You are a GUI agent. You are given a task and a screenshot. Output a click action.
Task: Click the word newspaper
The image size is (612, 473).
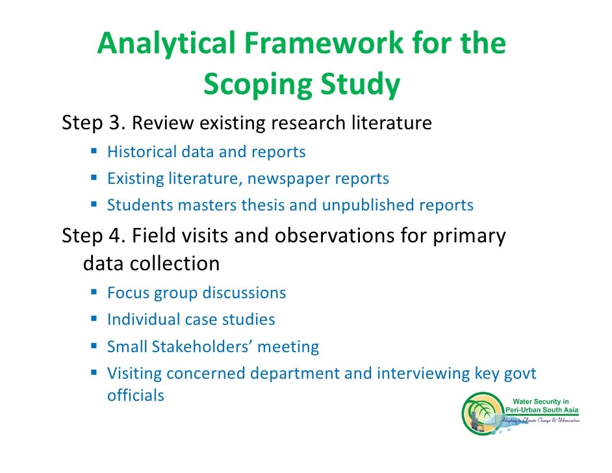point(289,179)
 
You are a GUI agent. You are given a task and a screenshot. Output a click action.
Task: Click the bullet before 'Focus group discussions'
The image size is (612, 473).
point(94,292)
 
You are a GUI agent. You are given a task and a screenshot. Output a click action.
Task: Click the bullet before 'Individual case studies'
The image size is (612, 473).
point(94,319)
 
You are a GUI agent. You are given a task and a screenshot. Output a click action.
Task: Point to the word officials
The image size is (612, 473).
point(135,394)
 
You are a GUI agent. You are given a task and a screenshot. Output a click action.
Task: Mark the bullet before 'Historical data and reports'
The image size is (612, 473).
point(94,151)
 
